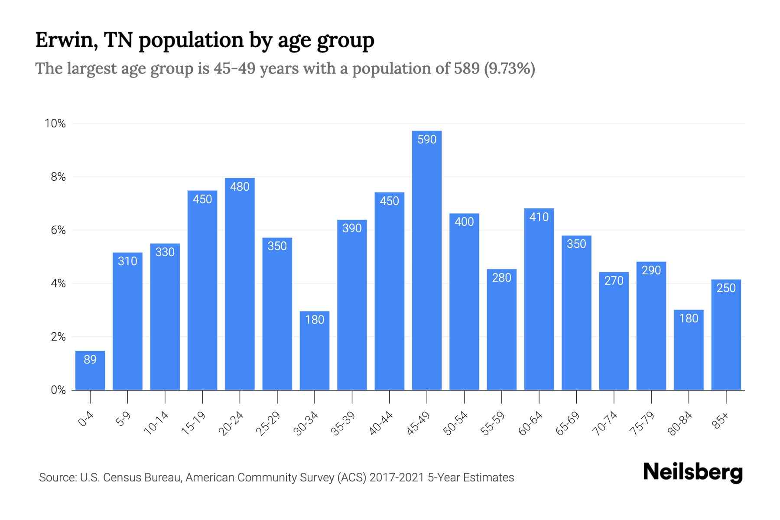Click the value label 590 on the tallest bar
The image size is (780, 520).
[426, 140]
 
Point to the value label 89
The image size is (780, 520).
[90, 360]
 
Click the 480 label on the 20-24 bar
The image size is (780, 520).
[240, 187]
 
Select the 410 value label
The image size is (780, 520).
[539, 217]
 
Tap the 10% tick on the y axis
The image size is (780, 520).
[55, 124]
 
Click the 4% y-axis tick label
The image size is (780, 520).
[58, 284]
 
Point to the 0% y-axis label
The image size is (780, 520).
[58, 390]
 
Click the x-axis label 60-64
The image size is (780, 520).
[531, 423]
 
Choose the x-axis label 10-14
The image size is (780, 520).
[157, 423]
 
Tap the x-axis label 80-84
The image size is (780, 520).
[680, 423]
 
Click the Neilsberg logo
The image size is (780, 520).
[692, 472]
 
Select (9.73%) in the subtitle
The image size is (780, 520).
[509, 68]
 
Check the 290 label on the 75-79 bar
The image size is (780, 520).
[651, 270]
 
